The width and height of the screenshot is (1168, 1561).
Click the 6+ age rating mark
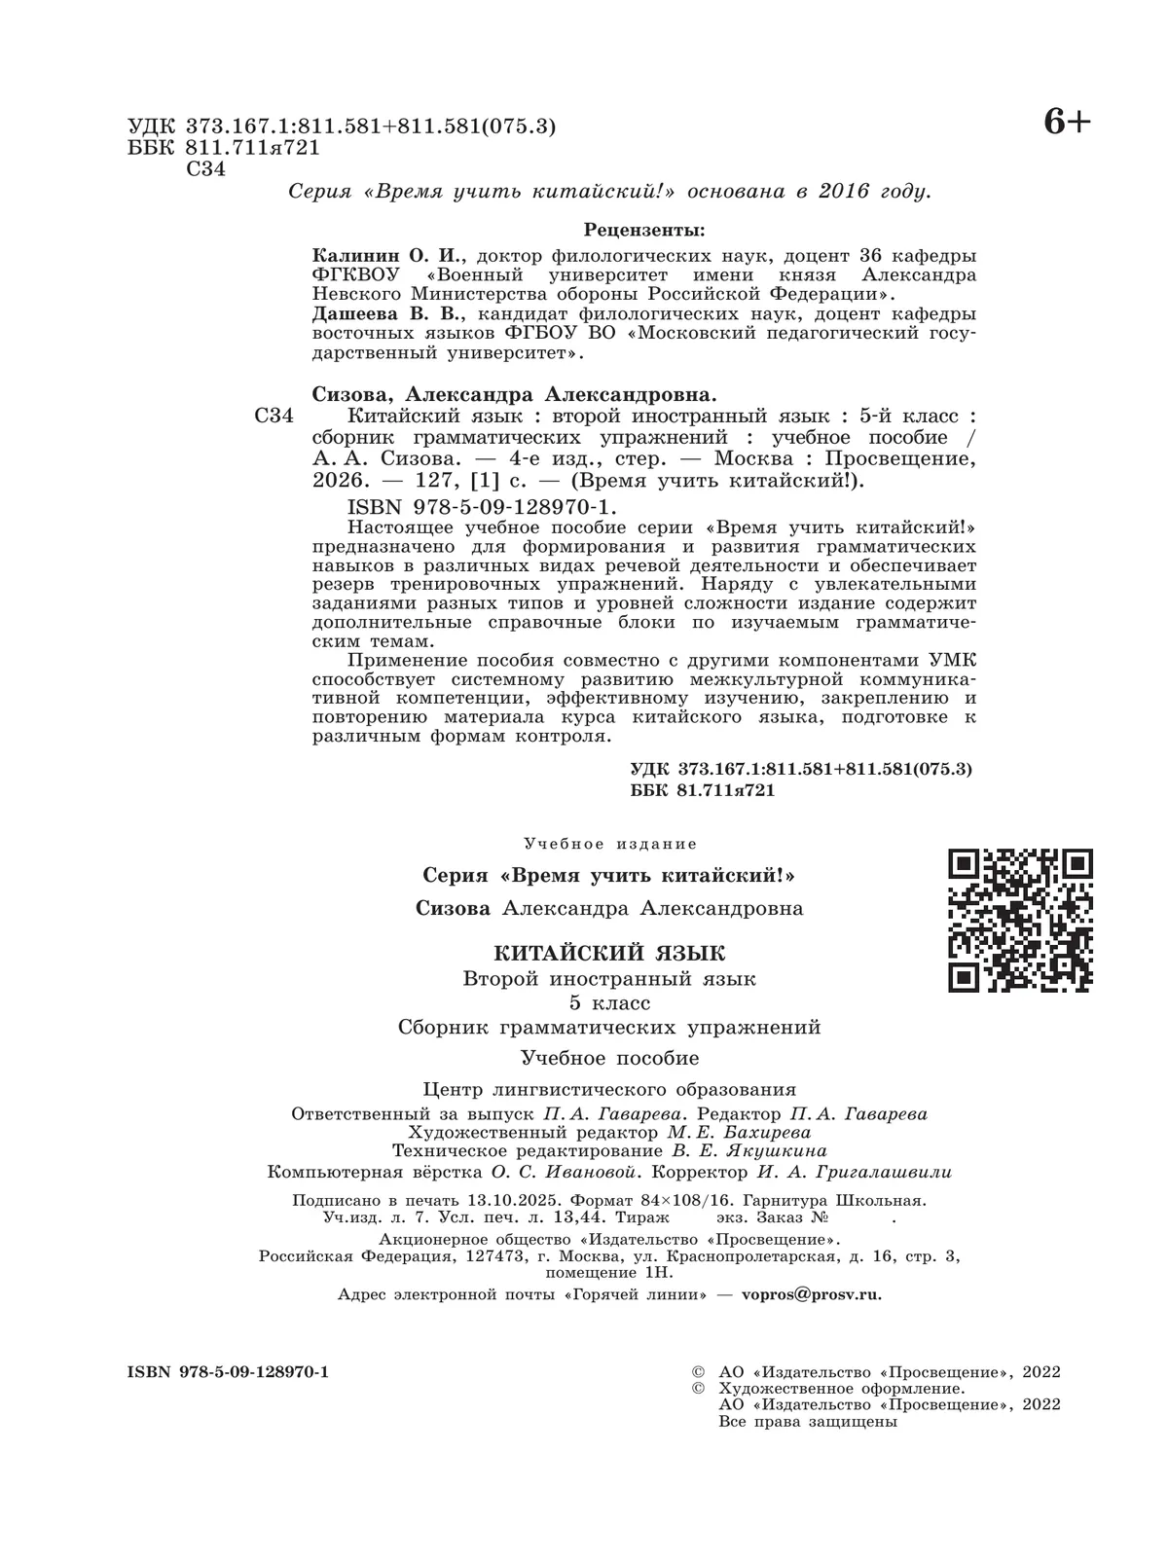click(1067, 123)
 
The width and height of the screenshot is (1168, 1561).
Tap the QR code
click(1020, 920)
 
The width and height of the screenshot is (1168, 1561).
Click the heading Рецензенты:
click(644, 230)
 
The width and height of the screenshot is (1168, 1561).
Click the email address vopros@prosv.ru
click(811, 1294)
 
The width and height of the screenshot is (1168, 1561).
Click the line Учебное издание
click(610, 844)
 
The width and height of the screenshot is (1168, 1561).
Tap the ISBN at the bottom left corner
click(228, 1371)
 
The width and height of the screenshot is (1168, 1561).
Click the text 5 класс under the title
click(610, 1002)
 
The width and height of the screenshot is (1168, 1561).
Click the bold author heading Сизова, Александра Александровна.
click(514, 394)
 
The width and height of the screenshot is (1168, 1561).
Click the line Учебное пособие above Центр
click(610, 1058)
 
